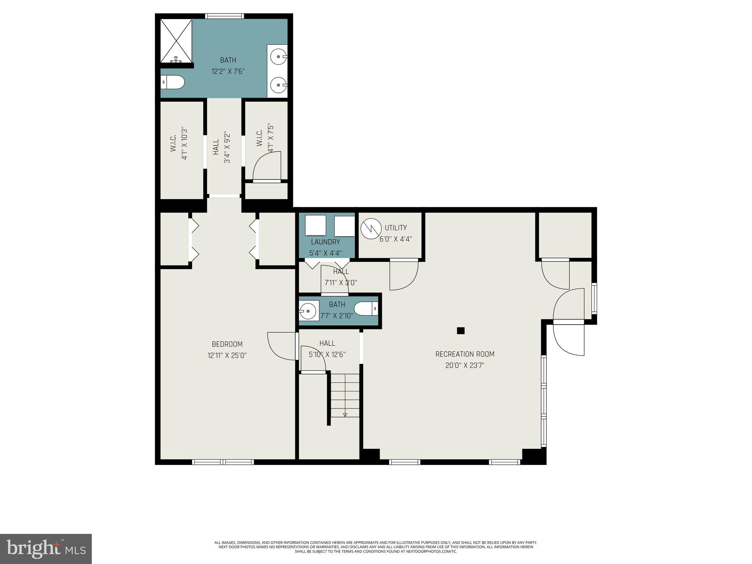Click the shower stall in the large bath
click(x=176, y=40)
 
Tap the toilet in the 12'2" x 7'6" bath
click(x=173, y=82)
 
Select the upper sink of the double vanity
click(x=278, y=57)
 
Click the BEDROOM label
click(x=227, y=344)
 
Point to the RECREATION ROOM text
click(x=464, y=354)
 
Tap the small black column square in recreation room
click(x=460, y=330)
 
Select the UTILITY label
click(x=395, y=228)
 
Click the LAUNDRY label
click(x=325, y=242)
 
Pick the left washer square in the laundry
click(x=315, y=225)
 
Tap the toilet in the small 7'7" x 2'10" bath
click(x=366, y=309)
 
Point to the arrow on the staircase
click(x=345, y=415)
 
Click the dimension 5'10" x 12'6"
click(x=327, y=354)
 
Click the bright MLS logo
click(x=46, y=549)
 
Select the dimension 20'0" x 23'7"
click(x=464, y=365)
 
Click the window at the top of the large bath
click(x=224, y=16)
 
